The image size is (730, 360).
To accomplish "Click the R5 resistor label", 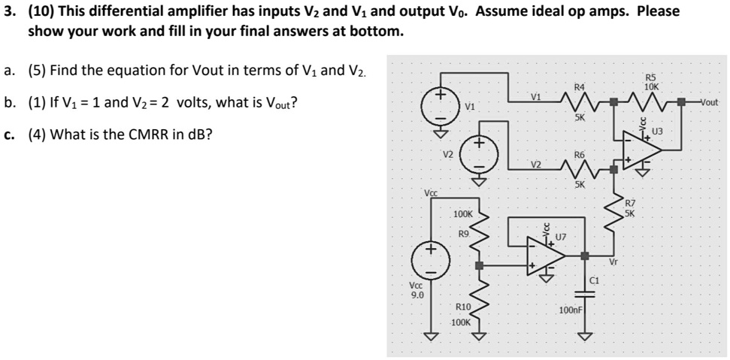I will pyautogui.click(x=650, y=77).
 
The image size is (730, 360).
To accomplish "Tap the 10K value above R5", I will pyautogui.click(x=650, y=86).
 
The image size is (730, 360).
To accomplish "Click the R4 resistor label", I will pyautogui.click(x=579, y=88).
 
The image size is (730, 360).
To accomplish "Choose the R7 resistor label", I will pyautogui.click(x=630, y=203).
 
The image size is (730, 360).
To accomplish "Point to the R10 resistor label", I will pyautogui.click(x=463, y=307).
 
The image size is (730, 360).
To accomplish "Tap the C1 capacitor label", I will pyautogui.click(x=594, y=280).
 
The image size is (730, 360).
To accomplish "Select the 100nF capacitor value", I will pyautogui.click(x=571, y=310).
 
